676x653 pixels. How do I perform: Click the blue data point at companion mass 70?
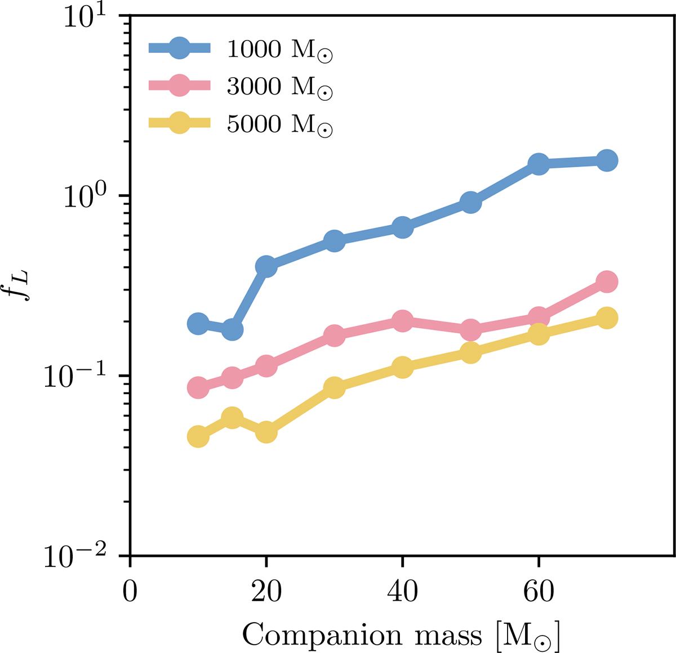tap(607, 160)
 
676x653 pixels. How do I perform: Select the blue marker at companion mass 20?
tap(266, 266)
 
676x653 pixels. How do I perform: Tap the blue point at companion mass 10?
tap(198, 323)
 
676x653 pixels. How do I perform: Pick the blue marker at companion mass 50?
tap(470, 203)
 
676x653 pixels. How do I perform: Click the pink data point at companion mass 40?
tap(402, 321)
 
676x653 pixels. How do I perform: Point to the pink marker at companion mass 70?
tap(607, 281)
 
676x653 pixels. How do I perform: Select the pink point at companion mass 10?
tap(198, 387)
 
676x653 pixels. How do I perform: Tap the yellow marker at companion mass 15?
tap(232, 418)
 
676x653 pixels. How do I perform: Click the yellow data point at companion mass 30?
tap(334, 387)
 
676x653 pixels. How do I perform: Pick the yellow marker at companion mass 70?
tap(607, 318)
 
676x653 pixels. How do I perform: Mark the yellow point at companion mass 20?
tap(266, 432)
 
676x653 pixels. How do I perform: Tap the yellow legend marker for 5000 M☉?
tap(180, 123)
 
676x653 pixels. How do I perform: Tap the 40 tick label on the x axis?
tap(402, 593)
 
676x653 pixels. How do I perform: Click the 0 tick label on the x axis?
tap(130, 593)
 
